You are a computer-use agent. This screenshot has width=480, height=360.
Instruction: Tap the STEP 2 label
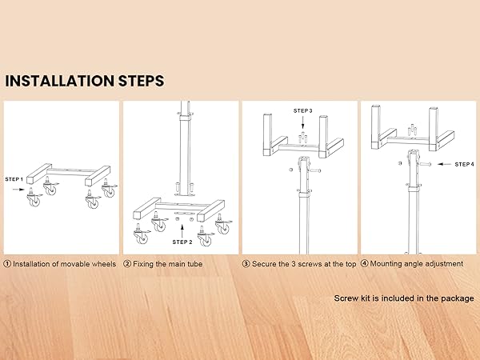182,242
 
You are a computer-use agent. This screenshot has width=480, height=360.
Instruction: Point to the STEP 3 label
302,110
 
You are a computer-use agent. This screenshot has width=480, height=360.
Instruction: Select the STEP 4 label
464,164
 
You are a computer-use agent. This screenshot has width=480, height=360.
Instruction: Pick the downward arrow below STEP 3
302,123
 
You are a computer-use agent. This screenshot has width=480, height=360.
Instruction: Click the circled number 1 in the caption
8,263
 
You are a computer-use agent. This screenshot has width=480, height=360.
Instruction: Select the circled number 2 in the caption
127,263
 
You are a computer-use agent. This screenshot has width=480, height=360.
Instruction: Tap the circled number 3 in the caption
246,263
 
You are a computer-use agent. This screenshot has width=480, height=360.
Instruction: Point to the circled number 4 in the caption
364,263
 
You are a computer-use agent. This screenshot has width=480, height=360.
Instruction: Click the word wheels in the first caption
103,263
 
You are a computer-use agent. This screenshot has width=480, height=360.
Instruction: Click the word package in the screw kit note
457,298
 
